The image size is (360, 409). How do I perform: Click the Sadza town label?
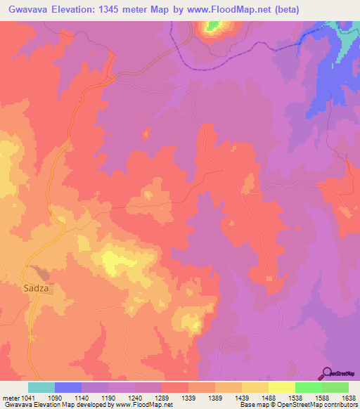(x=37, y=288)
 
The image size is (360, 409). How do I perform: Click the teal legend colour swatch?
(x=41, y=387)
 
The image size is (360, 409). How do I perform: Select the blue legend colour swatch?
(x=68, y=387)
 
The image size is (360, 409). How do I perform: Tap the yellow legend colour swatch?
(x=282, y=387)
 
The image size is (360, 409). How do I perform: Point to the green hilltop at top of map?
(x=212, y=27)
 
